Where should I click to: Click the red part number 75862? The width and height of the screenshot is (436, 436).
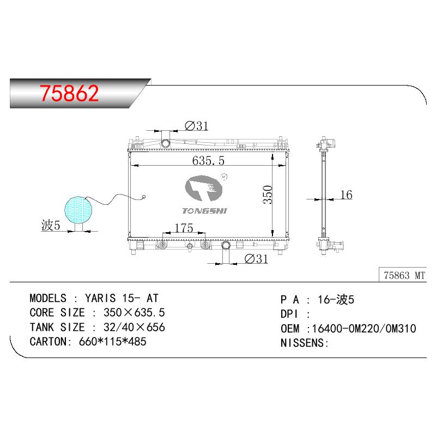pyautogui.click(x=69, y=93)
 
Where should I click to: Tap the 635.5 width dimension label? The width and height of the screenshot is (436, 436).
pyautogui.click(x=208, y=160)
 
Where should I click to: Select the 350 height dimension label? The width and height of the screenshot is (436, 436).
pyautogui.click(x=268, y=195)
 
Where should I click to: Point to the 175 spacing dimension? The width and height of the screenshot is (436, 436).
pyautogui.click(x=184, y=228)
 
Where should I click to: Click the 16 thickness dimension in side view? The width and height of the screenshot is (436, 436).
pyautogui.click(x=347, y=195)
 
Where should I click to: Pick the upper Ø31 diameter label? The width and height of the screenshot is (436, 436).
pyautogui.click(x=197, y=126)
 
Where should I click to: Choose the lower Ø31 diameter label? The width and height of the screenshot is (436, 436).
pyautogui.click(x=256, y=258)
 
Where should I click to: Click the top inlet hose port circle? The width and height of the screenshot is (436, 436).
pyautogui.click(x=166, y=143)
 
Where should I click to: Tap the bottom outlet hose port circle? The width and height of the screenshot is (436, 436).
pyautogui.click(x=226, y=246)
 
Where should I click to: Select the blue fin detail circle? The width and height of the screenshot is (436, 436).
pyautogui.click(x=78, y=210)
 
